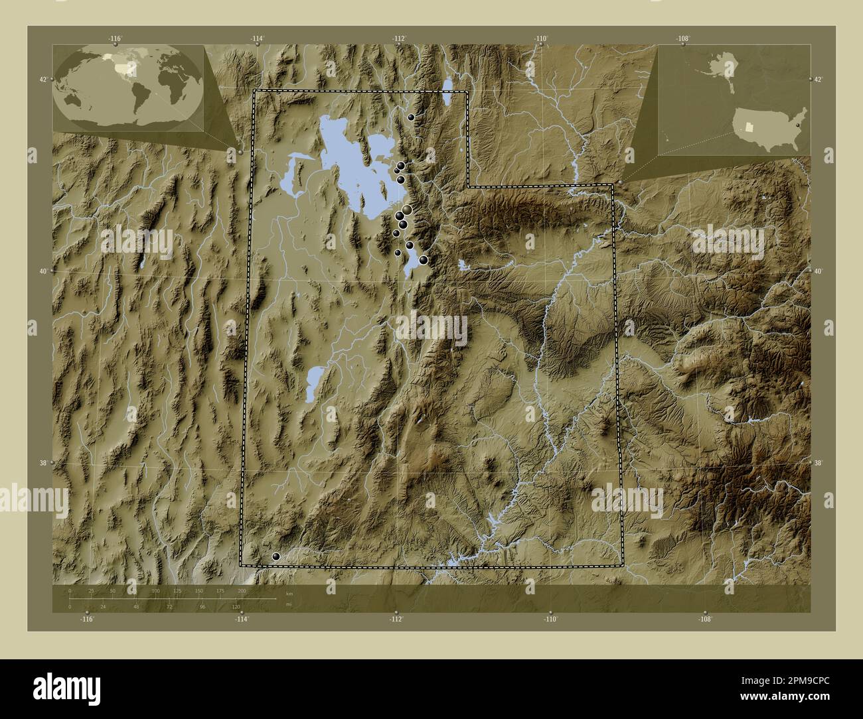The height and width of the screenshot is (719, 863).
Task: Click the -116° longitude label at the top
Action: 116,38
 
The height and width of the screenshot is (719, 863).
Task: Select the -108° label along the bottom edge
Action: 705,619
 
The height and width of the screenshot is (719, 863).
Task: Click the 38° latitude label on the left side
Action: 42,463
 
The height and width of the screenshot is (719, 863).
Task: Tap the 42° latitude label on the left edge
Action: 42,80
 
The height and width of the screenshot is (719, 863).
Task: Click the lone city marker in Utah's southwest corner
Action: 276,557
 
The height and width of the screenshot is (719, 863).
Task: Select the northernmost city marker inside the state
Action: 412,117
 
